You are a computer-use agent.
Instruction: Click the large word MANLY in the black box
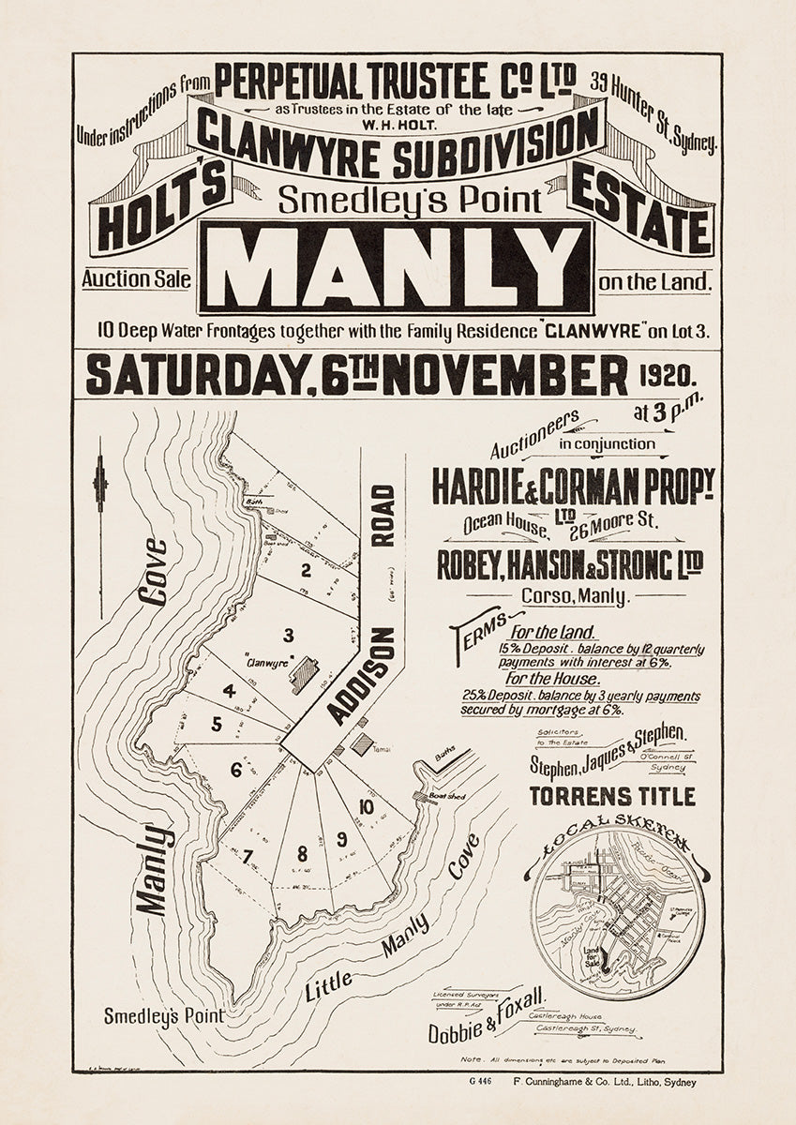(395, 266)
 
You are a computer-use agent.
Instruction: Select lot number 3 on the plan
(289, 635)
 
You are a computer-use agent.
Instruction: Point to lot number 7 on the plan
(247, 856)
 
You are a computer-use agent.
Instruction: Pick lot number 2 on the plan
(305, 569)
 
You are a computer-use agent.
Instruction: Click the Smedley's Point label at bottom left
(164, 1015)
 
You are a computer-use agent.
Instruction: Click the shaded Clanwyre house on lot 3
(304, 675)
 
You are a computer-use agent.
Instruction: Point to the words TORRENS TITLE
(612, 797)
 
